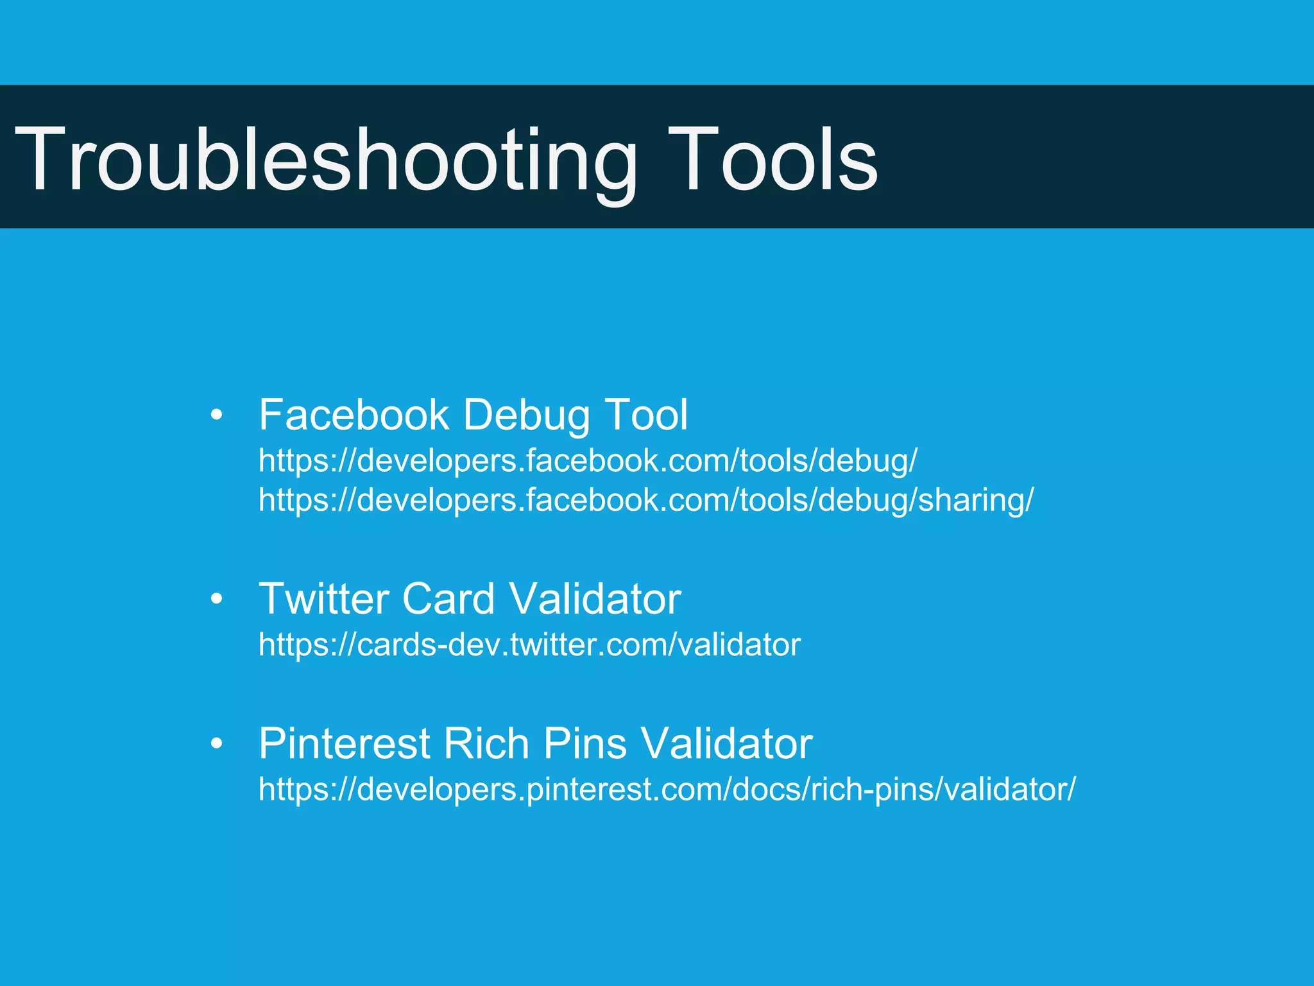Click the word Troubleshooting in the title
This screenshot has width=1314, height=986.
point(326,160)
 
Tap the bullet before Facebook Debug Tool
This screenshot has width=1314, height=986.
point(217,415)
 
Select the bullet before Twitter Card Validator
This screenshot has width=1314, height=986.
point(217,599)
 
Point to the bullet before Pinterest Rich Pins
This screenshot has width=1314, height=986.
point(217,743)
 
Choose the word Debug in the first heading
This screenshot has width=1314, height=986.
point(526,416)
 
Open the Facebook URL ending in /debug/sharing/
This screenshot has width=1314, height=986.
point(645,500)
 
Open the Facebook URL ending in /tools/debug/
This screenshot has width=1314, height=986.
point(588,461)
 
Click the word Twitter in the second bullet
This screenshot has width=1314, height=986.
point(323,599)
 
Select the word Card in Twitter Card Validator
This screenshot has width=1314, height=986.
point(448,599)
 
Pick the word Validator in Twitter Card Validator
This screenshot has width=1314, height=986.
point(595,599)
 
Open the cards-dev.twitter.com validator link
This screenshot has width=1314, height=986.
point(529,644)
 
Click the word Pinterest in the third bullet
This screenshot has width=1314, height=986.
point(344,743)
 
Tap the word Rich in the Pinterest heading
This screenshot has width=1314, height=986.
point(486,743)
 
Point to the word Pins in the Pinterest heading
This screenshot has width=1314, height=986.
point(585,743)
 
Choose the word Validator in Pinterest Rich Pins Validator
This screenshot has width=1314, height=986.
point(727,743)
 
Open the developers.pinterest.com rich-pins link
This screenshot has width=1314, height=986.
point(666,790)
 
